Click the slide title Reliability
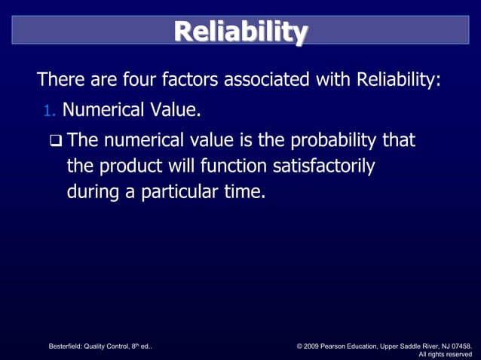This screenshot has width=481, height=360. tap(240, 32)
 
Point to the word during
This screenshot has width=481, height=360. tap(93, 192)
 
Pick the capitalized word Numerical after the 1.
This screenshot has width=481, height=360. tap(103, 111)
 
